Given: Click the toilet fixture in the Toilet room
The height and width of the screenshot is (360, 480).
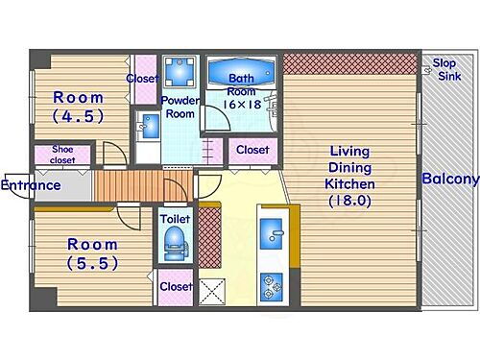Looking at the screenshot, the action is (x=175, y=243).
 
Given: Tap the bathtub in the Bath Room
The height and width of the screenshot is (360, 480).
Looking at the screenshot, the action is (x=241, y=72).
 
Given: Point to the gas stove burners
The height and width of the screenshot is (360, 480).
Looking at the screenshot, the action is (x=272, y=287).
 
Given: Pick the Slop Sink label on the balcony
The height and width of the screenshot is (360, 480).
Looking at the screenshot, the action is (x=446, y=70).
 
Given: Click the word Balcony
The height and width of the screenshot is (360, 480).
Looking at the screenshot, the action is (x=450, y=179).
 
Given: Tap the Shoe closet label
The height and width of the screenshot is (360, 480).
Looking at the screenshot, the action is (x=62, y=155).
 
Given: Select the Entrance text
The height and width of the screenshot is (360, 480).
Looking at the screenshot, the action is (x=31, y=185).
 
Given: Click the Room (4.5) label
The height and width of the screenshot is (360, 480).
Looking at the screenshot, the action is (x=79, y=107).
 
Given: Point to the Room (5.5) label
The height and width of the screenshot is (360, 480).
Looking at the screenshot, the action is (x=92, y=254).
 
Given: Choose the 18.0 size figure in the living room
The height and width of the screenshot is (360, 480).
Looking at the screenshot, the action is (x=349, y=201).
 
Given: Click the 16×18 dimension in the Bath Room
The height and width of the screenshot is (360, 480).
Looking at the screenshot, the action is (x=242, y=105).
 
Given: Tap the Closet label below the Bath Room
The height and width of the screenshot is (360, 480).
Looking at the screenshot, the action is (x=252, y=150).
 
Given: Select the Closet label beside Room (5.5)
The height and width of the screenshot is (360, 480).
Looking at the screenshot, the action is (x=176, y=287).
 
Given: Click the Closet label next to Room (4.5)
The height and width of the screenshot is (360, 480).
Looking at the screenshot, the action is (x=142, y=79).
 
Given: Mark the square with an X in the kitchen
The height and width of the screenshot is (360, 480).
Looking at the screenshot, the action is (x=212, y=292).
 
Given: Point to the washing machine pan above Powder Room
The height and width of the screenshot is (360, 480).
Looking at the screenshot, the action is (x=180, y=72).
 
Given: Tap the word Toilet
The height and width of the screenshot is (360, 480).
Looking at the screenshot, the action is (x=175, y=219).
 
